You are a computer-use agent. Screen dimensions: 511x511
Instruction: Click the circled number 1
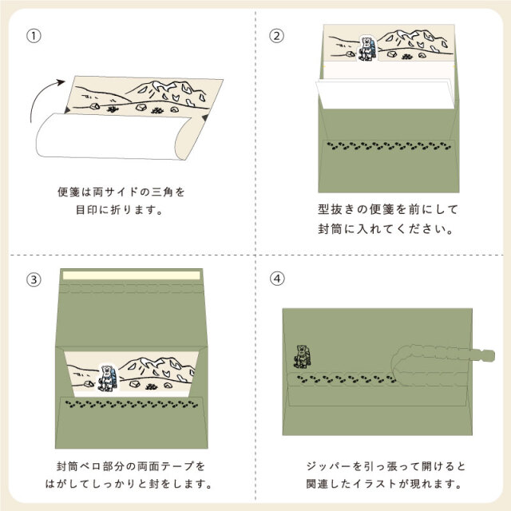point(34,35)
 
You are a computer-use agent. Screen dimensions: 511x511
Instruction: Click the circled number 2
point(277,35)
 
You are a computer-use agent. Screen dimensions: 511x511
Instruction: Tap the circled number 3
point(34,279)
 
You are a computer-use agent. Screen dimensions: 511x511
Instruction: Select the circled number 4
point(277,279)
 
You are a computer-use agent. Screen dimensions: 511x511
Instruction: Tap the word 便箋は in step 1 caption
point(75,192)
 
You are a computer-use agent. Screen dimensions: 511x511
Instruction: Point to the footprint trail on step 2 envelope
point(383,146)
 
